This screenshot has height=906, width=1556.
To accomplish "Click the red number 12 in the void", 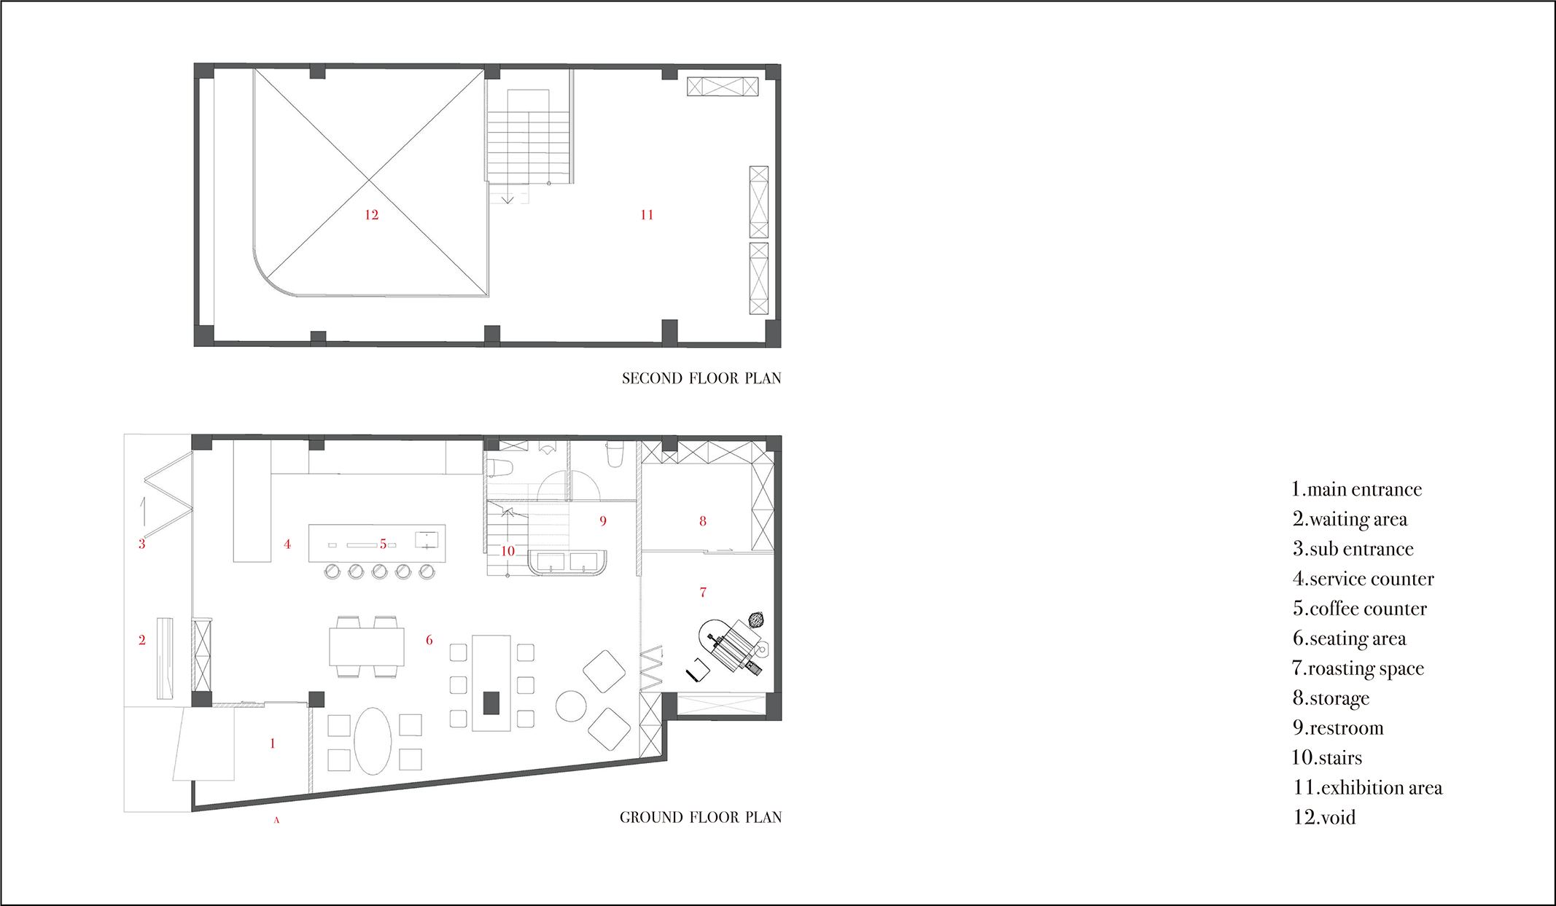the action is [371, 214].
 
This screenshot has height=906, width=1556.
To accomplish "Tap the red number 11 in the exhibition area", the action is [647, 214].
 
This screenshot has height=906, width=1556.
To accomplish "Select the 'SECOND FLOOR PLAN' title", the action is [701, 378].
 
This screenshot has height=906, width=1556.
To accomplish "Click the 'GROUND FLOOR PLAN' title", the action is [701, 817].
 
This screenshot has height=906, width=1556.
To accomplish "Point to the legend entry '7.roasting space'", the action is [1358, 668].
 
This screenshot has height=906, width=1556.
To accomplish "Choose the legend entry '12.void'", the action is [1324, 817].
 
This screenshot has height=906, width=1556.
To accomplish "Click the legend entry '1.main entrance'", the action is [1356, 489].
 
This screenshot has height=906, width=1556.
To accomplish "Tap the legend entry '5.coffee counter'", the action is [1360, 609].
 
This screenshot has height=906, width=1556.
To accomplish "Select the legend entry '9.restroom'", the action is [1338, 727].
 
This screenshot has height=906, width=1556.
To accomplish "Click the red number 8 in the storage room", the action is [703, 521].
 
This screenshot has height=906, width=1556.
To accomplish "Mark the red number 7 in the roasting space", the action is [703, 592].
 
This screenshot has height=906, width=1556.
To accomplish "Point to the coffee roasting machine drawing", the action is [733, 645].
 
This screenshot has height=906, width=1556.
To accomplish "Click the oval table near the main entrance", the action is [373, 741].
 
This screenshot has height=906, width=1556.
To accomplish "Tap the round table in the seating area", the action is [571, 706].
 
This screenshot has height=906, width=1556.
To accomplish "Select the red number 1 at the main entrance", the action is [273, 743].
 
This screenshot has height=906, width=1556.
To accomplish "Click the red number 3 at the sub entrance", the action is [142, 544].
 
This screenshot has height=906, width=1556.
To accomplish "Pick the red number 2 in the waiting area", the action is [142, 640].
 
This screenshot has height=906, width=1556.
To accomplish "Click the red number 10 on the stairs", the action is [508, 551].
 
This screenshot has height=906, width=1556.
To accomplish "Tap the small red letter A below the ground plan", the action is [276, 820].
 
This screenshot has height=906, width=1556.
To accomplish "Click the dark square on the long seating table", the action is [491, 703].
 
